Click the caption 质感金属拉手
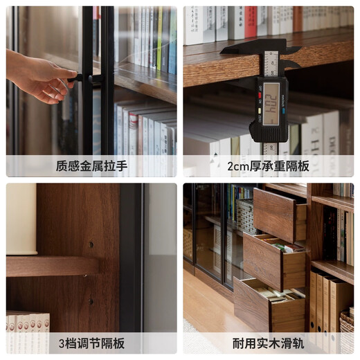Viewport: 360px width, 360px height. point(91,166)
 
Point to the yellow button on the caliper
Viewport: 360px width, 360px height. point(258,111)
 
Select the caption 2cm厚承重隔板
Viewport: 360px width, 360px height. point(269,166)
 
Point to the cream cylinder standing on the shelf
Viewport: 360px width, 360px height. point(21,219)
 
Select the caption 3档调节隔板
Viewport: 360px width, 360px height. point(91,343)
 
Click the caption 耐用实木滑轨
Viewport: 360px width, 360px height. point(269,343)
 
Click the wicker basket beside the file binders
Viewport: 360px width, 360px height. point(346,331)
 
